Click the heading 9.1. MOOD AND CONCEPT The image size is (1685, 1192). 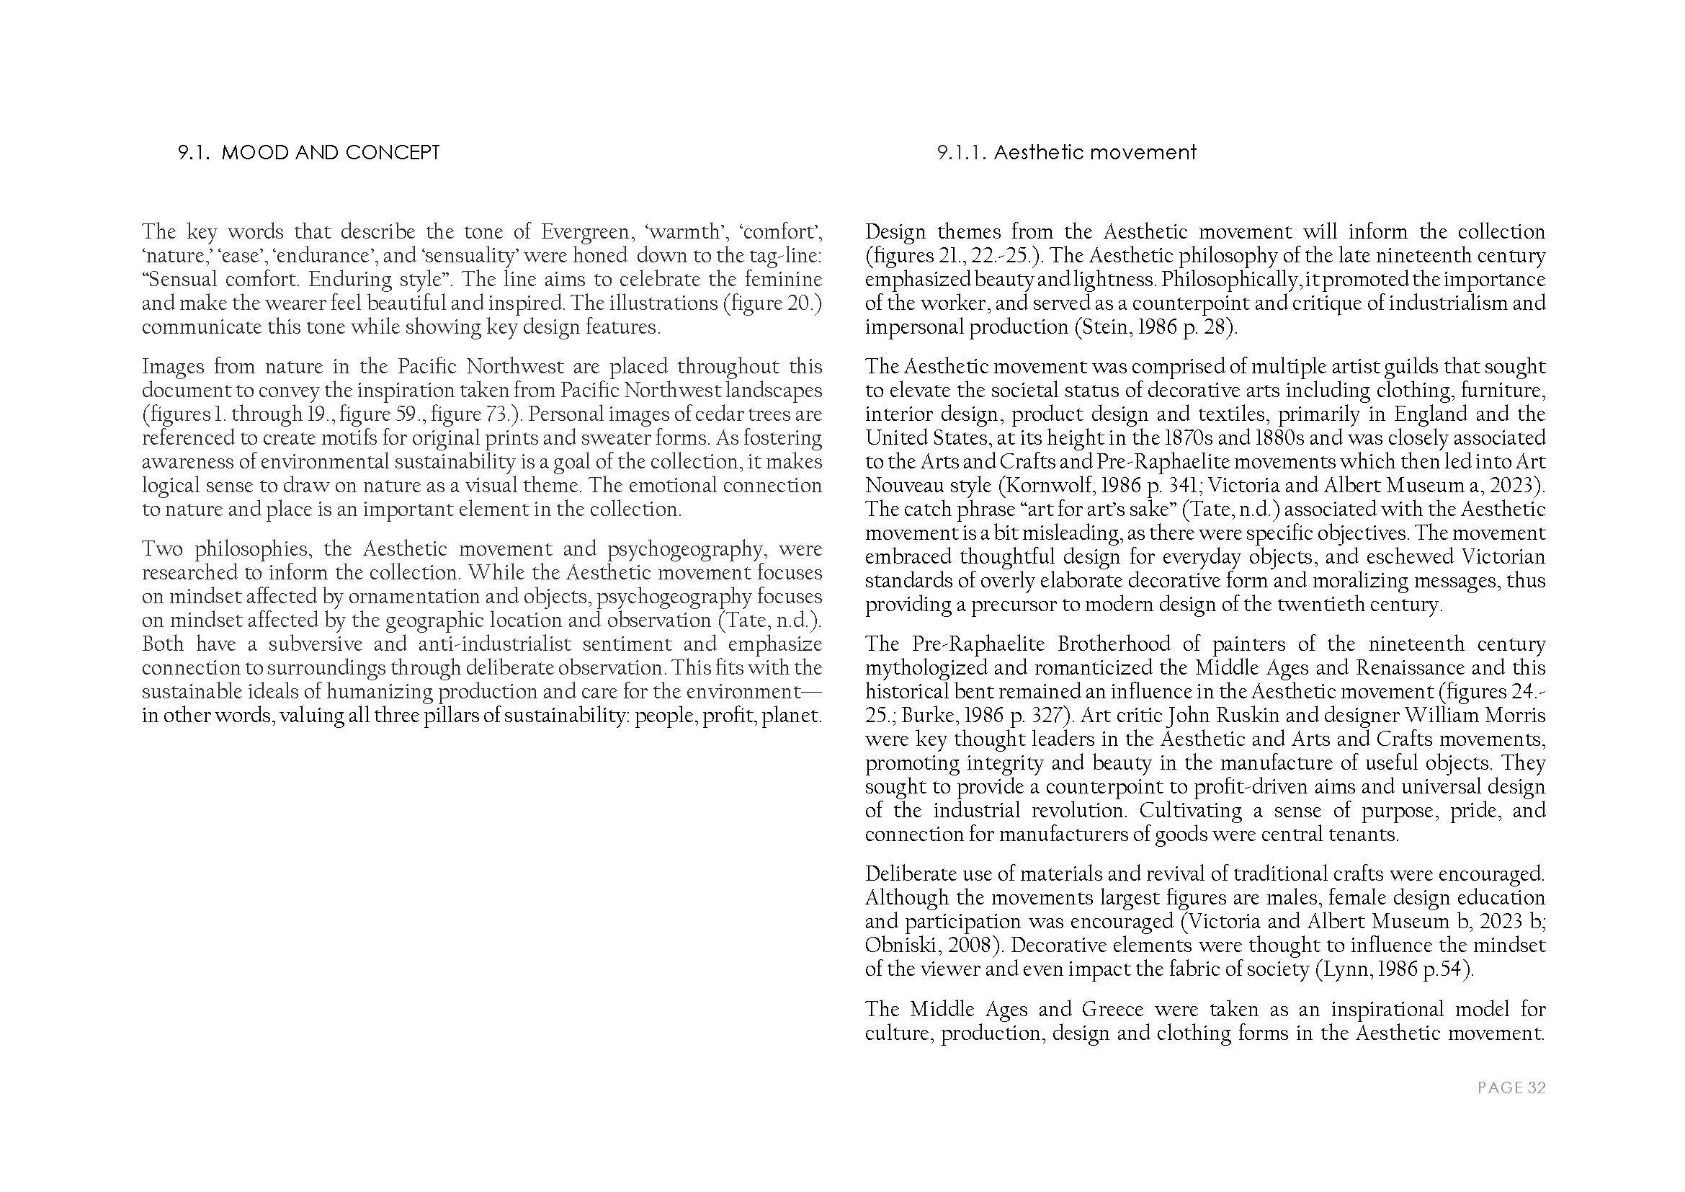pyautogui.click(x=308, y=153)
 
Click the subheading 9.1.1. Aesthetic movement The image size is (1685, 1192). pyautogui.click(x=1066, y=153)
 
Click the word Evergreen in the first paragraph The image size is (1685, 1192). pyautogui.click(x=584, y=232)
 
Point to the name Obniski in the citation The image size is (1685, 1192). pyautogui.click(x=902, y=946)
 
